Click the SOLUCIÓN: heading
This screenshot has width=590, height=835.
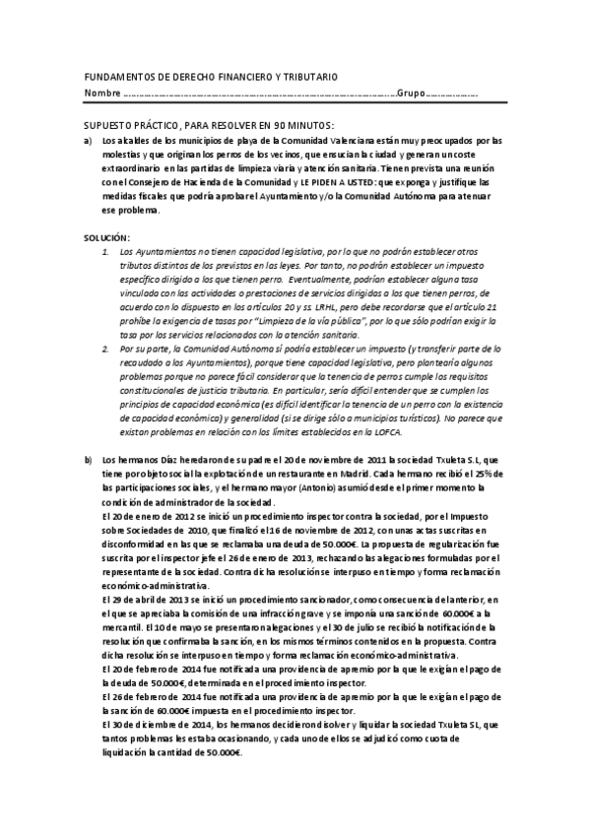pyautogui.click(x=107, y=239)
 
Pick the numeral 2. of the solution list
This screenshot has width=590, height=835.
pyautogui.click(x=107, y=349)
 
